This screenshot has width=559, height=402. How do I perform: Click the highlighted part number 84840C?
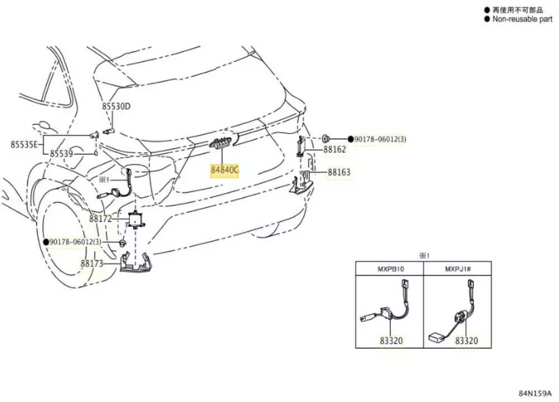click(224, 170)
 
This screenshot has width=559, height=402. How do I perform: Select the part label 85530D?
click(116, 106)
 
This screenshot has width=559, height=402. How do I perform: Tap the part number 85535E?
click(23, 144)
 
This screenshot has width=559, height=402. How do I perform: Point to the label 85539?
click(61, 153)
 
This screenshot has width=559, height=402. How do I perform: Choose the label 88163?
click(339, 173)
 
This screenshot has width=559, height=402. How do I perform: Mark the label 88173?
click(92, 263)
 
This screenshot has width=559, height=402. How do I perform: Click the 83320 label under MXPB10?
click(391, 340)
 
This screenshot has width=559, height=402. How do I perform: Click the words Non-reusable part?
click(522, 19)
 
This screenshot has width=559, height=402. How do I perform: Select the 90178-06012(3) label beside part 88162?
click(380, 139)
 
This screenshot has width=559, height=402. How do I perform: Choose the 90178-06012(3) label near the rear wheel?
click(76, 242)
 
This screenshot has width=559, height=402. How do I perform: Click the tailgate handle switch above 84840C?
click(221, 144)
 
